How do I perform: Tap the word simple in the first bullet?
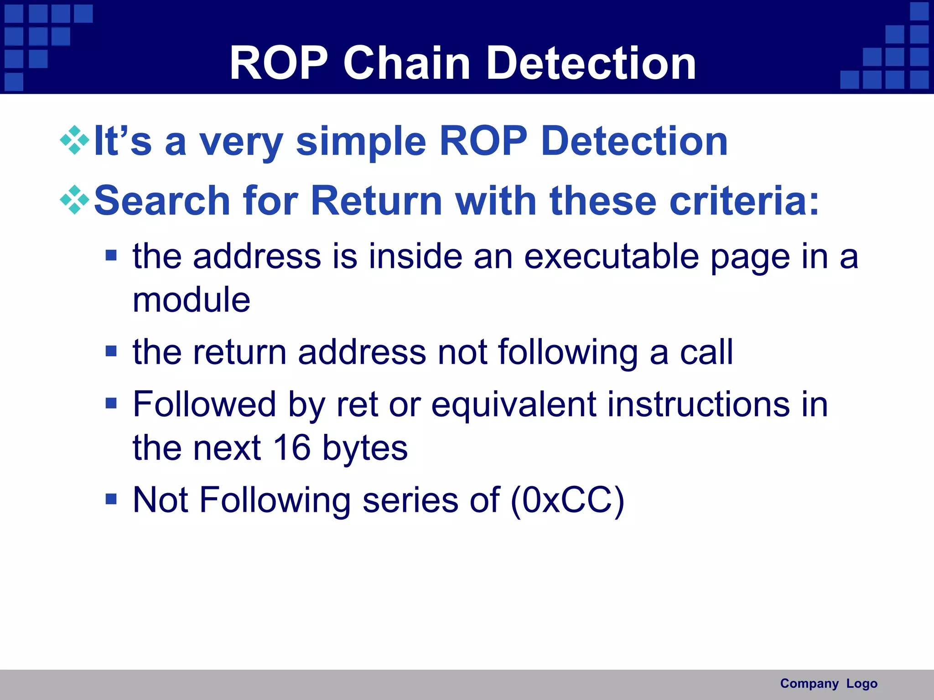(x=361, y=141)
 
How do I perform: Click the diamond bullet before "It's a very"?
(x=75, y=140)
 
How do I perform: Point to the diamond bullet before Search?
(x=75, y=200)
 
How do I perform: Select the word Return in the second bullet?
(x=376, y=201)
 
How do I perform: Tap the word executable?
(x=611, y=257)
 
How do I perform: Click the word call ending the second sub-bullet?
(x=706, y=352)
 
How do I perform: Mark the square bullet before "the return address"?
(x=111, y=351)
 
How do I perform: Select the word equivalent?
(x=514, y=404)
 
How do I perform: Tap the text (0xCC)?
(x=567, y=500)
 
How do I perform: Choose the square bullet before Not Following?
(x=111, y=499)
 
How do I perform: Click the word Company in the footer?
(x=809, y=684)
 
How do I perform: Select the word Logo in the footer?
(x=861, y=684)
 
